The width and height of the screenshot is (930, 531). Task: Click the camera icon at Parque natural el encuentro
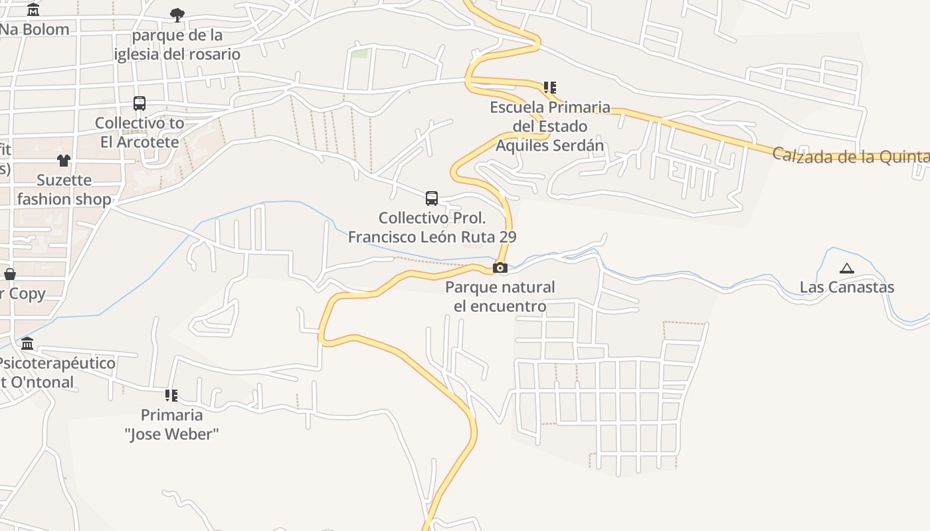pos(500,268)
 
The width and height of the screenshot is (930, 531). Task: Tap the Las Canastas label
pos(846,287)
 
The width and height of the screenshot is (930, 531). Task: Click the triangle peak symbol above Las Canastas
pos(846,269)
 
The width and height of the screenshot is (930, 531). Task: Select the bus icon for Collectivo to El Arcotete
pos(139,104)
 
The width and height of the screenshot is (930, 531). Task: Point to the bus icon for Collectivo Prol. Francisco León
pos(432,198)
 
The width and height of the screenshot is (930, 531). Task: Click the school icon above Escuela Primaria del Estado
pos(549,87)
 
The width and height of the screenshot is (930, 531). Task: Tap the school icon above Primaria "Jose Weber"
pos(171,396)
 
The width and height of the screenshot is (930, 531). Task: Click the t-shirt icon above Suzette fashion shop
pos(64,160)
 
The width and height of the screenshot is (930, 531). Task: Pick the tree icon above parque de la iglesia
pos(177,15)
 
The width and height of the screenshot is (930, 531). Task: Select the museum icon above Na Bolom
pos(33,10)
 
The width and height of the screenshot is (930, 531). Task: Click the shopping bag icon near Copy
pos(10,274)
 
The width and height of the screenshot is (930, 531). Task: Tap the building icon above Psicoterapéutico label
pos(27,344)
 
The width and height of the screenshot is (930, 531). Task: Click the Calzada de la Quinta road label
pos(850,157)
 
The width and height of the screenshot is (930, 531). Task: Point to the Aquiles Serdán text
pos(550,145)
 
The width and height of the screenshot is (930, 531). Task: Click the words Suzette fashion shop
pos(64,189)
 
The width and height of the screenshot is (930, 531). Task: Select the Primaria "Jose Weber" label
pos(171,425)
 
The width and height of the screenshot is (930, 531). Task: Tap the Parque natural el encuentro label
pos(500,297)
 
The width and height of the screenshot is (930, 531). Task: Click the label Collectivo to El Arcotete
pos(139,132)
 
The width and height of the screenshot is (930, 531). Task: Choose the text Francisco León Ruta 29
pos(432,237)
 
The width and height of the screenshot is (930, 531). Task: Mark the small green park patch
pos(359,53)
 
